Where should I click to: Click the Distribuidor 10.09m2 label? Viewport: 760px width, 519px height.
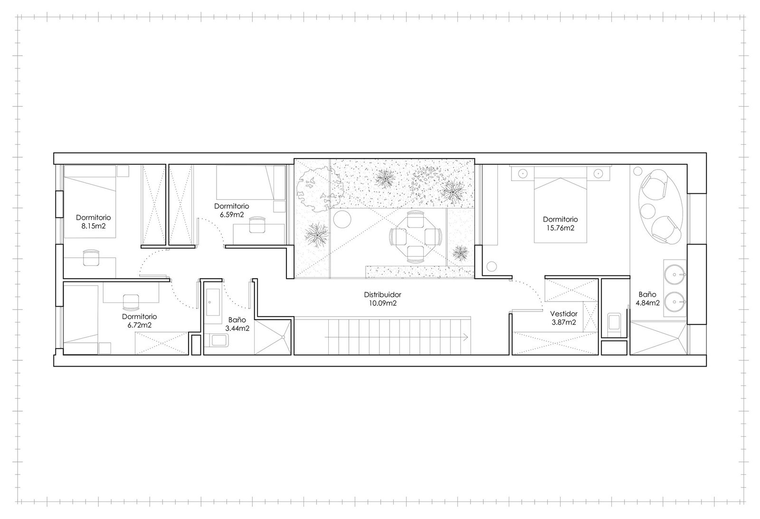coord(382,299)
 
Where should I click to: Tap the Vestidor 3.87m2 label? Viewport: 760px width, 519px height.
coord(563,318)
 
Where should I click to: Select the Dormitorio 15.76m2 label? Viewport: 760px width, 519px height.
coord(560,224)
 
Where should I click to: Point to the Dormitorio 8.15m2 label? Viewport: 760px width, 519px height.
coord(93,221)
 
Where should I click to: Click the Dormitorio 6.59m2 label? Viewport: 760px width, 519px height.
coord(231,210)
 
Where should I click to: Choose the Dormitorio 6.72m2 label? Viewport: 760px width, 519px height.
coord(140,321)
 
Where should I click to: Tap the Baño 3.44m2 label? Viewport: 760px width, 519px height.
coord(237,324)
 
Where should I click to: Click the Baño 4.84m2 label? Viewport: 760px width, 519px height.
coord(647,299)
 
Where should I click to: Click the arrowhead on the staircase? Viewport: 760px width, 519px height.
coord(466,337)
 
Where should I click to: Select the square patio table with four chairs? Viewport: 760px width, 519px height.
coord(415,236)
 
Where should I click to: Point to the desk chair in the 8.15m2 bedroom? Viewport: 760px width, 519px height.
coord(91,257)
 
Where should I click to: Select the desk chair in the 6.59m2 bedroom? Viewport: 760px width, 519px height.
coord(257,225)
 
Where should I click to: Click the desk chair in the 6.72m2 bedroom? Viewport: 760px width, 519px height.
coord(131,302)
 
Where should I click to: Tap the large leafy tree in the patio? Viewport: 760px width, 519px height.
coord(319,191)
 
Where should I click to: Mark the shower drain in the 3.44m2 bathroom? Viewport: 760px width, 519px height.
coord(283,337)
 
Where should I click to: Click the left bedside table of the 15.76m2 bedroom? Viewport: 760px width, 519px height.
coord(523,173)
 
